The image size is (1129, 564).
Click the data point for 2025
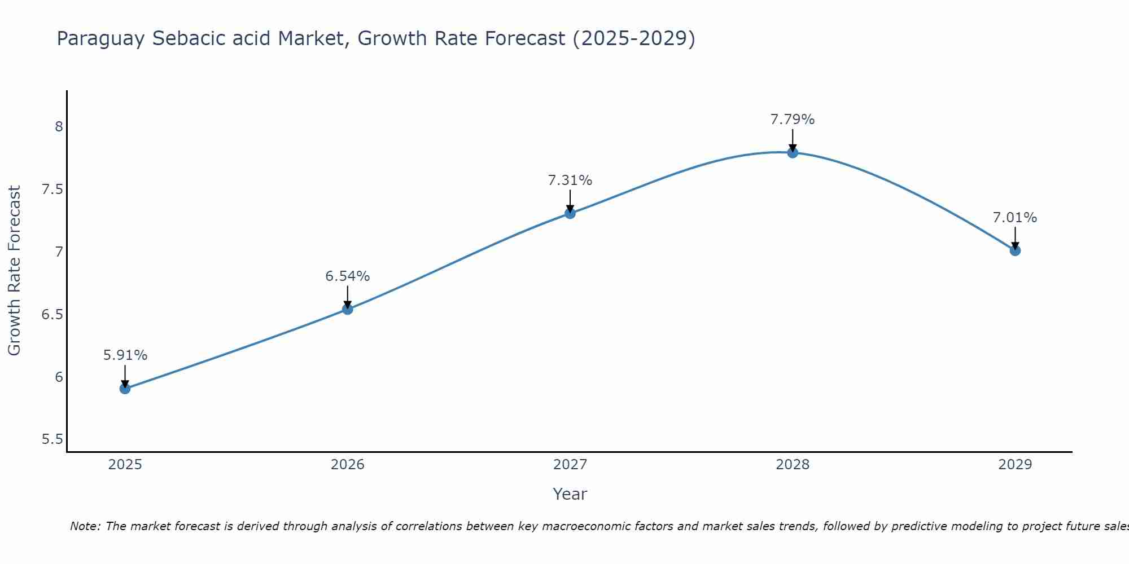click(125, 389)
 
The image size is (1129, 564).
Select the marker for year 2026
click(348, 309)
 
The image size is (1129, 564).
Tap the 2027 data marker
click(570, 213)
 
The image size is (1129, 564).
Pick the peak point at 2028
click(793, 152)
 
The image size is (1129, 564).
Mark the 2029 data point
click(1015, 250)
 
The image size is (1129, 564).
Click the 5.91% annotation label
click(125, 355)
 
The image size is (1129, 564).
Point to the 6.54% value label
click(348, 276)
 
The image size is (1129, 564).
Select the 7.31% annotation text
click(570, 180)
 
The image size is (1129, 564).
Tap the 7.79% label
click(793, 120)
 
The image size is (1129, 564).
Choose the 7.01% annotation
click(1015, 218)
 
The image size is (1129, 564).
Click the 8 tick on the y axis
click(59, 126)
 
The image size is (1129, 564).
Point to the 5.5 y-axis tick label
click(52, 439)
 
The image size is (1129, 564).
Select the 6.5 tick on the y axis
click(52, 314)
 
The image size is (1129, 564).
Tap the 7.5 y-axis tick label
click(52, 189)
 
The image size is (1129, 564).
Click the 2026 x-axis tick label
click(348, 465)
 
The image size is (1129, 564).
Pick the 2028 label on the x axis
click(793, 465)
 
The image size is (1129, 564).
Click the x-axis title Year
click(570, 494)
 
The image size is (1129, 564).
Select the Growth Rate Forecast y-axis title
click(15, 271)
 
